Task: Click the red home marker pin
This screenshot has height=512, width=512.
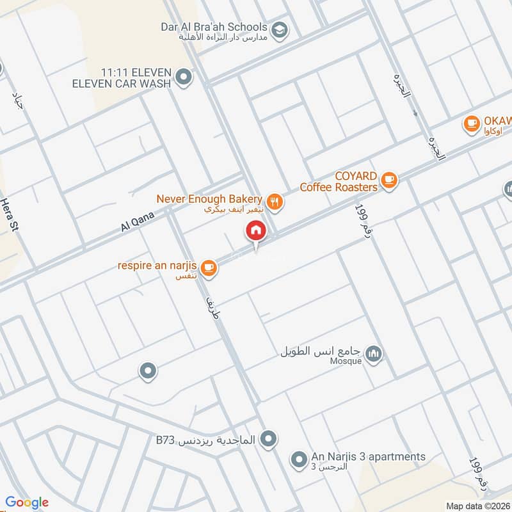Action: pos(256,231)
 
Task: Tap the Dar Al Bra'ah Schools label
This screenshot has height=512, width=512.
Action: pos(214,27)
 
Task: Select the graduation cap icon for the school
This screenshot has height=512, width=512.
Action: pos(279,29)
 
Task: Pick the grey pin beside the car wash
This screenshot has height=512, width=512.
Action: pos(184,78)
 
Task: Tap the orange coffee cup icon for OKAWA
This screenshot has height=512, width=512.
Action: pos(472,123)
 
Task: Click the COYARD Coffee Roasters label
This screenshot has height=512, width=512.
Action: pos(339,181)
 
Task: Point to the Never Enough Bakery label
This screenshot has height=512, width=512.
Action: pos(209,200)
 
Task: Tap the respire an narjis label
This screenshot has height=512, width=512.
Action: pos(156,265)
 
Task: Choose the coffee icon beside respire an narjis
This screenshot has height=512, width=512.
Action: pos(208,269)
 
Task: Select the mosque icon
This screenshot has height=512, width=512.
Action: pos(374,353)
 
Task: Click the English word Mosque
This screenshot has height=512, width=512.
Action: pos(346,361)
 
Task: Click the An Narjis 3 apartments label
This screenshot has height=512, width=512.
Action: pos(368,456)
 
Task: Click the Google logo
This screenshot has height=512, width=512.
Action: pos(27,502)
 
